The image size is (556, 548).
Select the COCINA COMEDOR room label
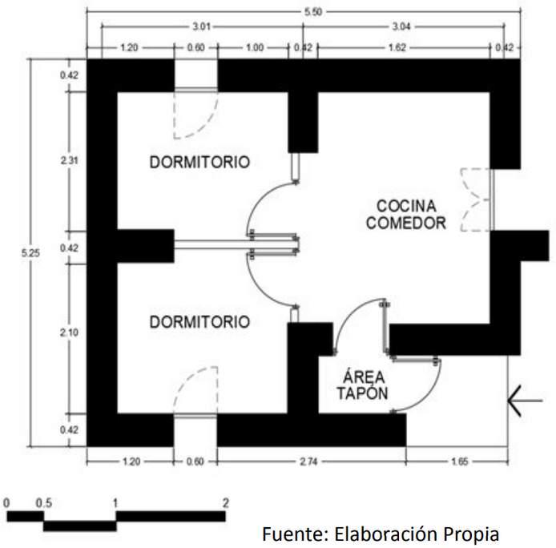[x=405, y=214]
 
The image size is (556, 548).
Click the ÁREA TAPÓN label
[x=362, y=385]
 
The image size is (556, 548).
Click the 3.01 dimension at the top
[x=201, y=27]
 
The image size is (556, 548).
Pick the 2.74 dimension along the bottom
[x=309, y=461]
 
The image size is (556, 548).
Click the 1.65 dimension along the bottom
[x=457, y=461]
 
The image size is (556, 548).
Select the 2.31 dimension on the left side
[x=70, y=160]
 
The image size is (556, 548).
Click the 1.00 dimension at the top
[x=254, y=48]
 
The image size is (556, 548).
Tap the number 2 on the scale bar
[x=226, y=503]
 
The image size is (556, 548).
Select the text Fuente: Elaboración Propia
[x=380, y=534]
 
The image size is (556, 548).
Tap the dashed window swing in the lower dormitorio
[x=196, y=391]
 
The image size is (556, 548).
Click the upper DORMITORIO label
[x=199, y=162]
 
